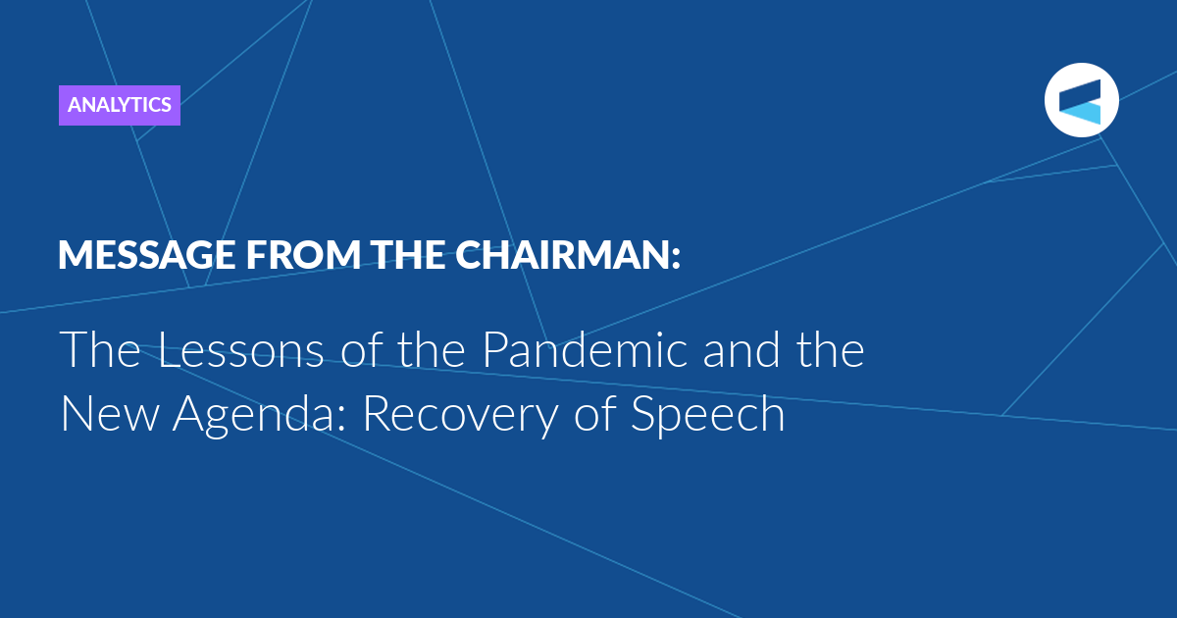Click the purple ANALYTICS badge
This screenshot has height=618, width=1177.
[120, 105]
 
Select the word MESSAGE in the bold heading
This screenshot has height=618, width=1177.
[146, 255]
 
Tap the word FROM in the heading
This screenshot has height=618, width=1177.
[303, 255]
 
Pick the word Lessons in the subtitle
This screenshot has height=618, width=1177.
[240, 350]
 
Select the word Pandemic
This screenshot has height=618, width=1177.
[585, 349]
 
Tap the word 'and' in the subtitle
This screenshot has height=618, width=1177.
[741, 349]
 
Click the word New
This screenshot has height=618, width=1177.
[110, 414]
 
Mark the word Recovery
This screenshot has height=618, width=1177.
[460, 416]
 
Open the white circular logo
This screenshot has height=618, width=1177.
[1081, 100]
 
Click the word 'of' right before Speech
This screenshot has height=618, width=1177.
[594, 413]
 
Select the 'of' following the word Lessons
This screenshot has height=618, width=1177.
[361, 349]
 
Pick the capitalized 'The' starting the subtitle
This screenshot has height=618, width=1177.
[100, 349]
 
